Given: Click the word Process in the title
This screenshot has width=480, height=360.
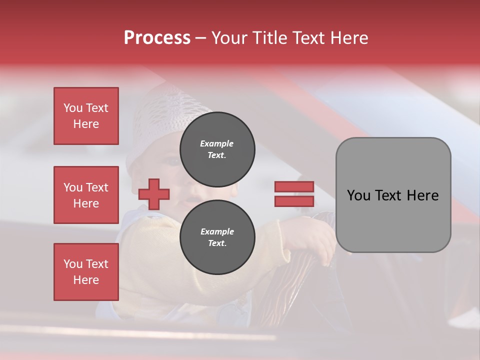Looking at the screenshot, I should [157, 38].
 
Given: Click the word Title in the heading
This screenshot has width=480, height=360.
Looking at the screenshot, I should [267, 38].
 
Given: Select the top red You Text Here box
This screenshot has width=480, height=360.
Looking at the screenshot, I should [86, 116].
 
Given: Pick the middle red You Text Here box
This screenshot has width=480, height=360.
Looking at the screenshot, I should [86, 195].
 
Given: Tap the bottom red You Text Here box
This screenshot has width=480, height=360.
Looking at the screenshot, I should [86, 272].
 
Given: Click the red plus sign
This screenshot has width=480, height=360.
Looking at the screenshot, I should [154, 194].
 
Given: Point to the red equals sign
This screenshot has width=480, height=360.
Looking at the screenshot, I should [294, 194].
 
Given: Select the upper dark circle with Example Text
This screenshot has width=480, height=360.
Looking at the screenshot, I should [217, 149].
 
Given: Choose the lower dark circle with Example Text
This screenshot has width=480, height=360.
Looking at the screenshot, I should [217, 237].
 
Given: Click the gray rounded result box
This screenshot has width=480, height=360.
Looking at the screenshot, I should [393, 195].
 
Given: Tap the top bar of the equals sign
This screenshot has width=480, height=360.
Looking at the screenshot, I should [294, 187].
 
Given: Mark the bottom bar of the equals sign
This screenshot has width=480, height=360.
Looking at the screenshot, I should [294, 201].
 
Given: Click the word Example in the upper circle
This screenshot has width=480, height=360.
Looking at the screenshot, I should [216, 143].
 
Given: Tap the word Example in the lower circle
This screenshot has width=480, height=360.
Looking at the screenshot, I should [217, 231].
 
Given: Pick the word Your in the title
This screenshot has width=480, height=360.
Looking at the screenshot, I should [228, 38].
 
